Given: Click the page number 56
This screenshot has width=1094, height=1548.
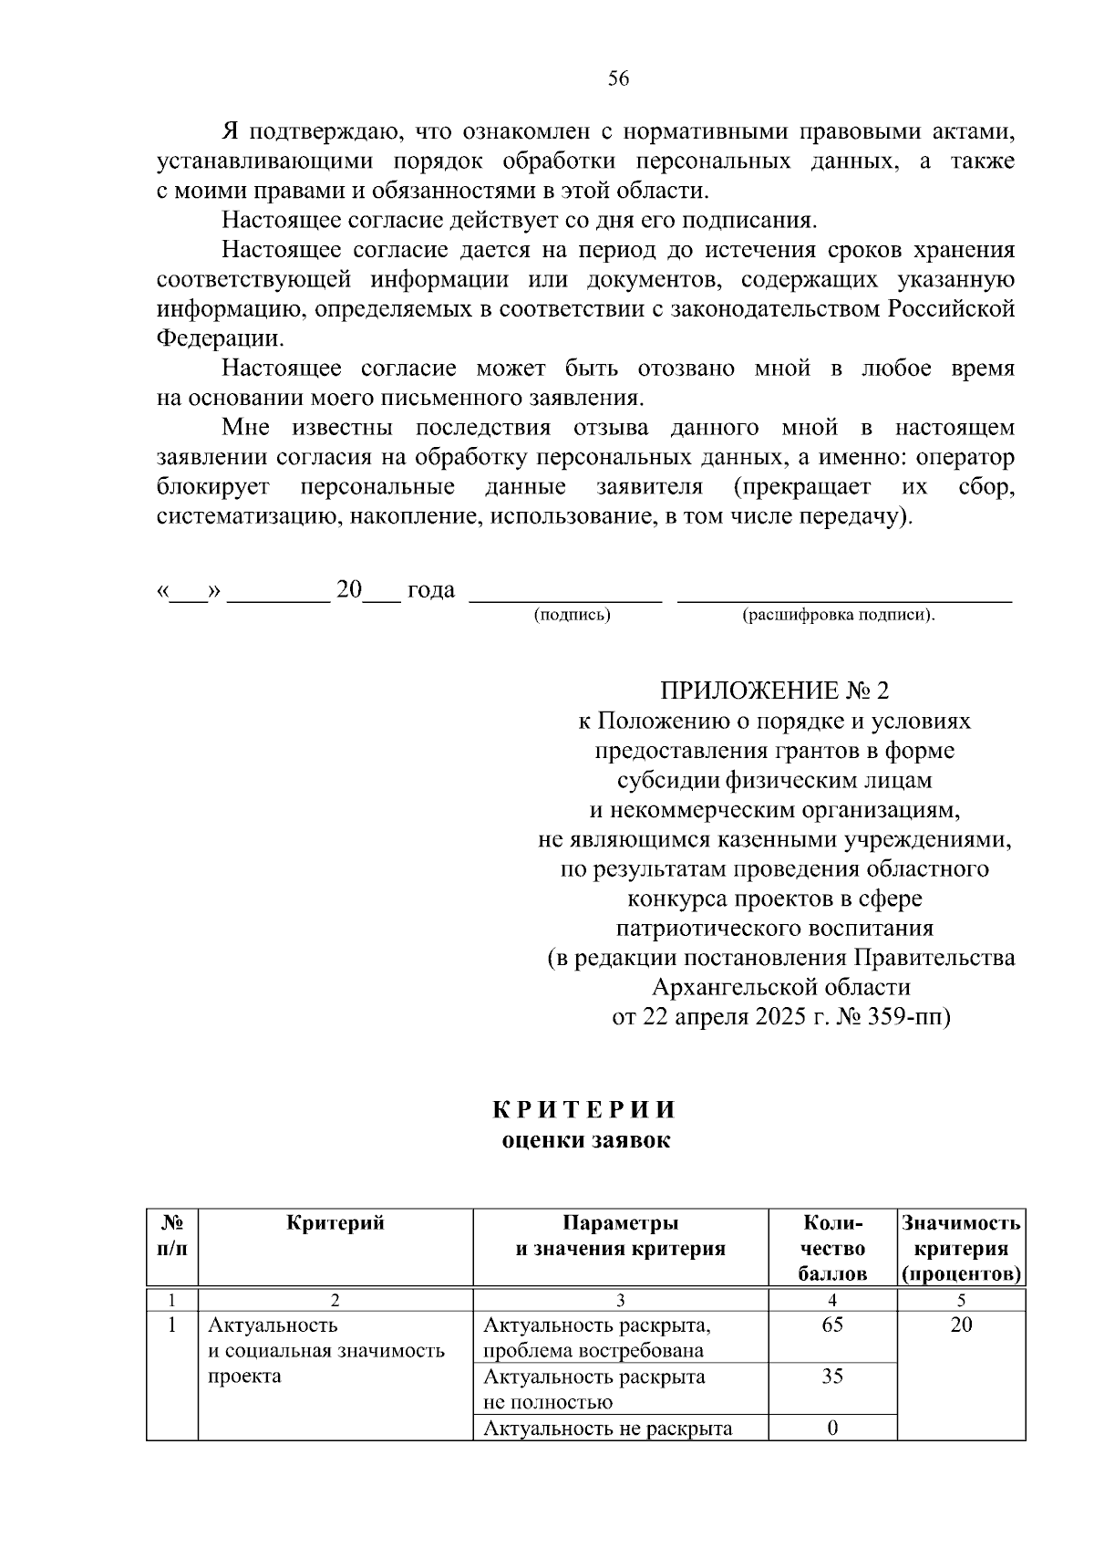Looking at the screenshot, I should click(618, 79).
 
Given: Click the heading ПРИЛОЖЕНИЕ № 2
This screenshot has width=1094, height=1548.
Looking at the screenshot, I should click(774, 691).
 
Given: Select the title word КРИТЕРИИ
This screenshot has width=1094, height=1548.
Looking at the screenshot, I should click(585, 1110).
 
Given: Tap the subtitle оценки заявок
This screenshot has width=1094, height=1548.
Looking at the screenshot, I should click(585, 1140).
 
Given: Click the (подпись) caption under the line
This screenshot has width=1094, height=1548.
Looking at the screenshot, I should click(572, 615).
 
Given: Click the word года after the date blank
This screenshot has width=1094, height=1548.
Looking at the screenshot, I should click(430, 590).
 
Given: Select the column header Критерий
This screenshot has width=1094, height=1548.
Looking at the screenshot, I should click(335, 1223).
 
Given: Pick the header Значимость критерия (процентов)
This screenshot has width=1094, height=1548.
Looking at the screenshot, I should click(961, 1248).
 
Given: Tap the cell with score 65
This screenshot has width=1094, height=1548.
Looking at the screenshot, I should click(831, 1325).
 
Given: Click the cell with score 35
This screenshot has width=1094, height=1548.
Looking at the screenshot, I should click(831, 1377).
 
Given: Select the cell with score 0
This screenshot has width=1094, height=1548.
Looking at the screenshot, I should click(831, 1428).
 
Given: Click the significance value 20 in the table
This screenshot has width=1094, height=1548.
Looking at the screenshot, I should click(961, 1325).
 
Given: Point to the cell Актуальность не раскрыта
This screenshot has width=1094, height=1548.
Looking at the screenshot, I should click(607, 1429).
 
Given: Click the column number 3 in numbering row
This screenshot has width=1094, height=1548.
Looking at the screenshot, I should click(620, 1300).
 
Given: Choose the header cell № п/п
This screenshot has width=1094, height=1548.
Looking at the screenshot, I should click(172, 1235).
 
